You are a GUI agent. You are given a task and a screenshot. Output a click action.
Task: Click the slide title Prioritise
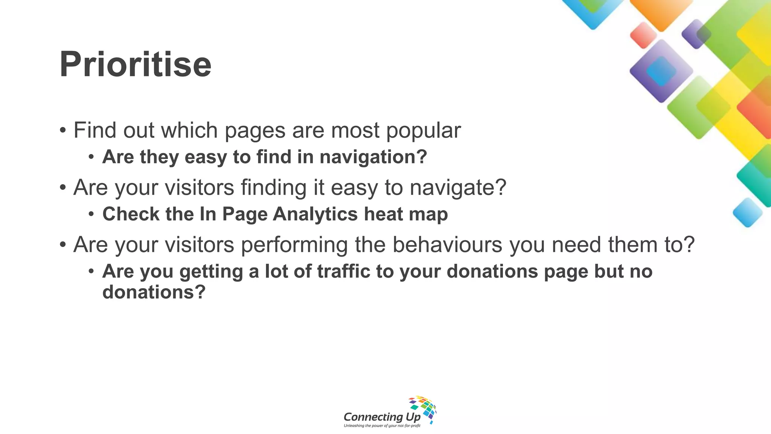pyautogui.click(x=136, y=64)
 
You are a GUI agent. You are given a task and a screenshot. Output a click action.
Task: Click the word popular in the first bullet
pyautogui.click(x=423, y=130)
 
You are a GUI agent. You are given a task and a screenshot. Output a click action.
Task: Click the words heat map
pyautogui.click(x=405, y=214)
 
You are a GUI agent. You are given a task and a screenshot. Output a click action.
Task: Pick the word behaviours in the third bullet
pyautogui.click(x=447, y=245)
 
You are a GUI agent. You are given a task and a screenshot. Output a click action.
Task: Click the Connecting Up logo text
pyautogui.click(x=382, y=417)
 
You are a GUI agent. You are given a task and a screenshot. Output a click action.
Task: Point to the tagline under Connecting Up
pyautogui.click(x=382, y=426)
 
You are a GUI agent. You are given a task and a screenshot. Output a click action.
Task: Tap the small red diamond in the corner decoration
pyautogui.click(x=643, y=35)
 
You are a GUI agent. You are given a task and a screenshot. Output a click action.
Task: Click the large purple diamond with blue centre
pyautogui.click(x=661, y=71)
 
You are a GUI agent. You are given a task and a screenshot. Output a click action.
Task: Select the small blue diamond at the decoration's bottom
pyautogui.click(x=747, y=212)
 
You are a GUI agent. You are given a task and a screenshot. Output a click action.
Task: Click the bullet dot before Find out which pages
pyautogui.click(x=63, y=131)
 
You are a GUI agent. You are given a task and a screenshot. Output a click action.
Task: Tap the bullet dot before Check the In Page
pyautogui.click(x=91, y=214)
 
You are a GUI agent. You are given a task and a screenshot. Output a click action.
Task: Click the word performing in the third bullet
pyautogui.click(x=294, y=245)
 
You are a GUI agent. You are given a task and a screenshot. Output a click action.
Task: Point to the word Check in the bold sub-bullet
pyautogui.click(x=131, y=214)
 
